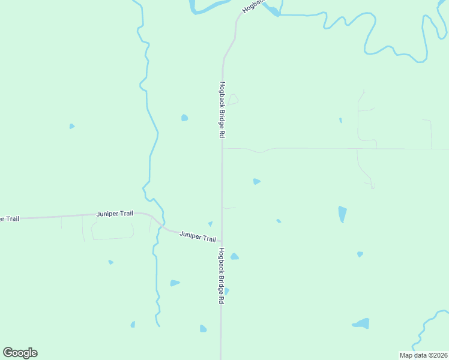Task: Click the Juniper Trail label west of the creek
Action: (115, 214)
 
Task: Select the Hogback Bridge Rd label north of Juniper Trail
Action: (221, 110)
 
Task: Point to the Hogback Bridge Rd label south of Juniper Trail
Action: (221, 275)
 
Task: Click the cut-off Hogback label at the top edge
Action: (253, 6)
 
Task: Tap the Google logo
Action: (20, 353)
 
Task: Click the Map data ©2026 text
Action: (424, 355)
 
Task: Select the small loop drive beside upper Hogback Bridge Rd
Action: (233, 100)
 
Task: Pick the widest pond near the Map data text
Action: (361, 323)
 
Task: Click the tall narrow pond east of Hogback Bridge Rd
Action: (342, 214)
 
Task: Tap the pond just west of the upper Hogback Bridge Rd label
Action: (185, 118)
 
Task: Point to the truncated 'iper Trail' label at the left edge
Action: (9, 219)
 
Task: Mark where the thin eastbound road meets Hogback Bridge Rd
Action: (222, 148)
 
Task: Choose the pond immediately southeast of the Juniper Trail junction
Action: (234, 256)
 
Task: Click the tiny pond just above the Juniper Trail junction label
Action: (210, 224)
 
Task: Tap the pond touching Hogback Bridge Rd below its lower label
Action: (226, 291)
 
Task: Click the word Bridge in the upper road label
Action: (221, 113)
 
